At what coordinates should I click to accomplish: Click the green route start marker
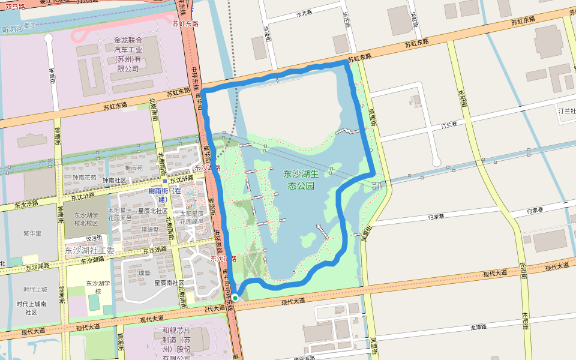(236, 298)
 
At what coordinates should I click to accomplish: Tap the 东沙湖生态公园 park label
(309, 179)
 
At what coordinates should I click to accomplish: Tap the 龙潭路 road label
(478, 328)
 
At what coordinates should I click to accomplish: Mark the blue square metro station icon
(165, 180)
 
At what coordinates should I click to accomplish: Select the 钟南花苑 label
(84, 178)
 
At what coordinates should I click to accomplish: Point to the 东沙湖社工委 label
(89, 250)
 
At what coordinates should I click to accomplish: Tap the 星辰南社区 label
(169, 283)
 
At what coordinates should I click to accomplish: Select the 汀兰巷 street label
(449, 126)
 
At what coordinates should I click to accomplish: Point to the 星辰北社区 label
(152, 211)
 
